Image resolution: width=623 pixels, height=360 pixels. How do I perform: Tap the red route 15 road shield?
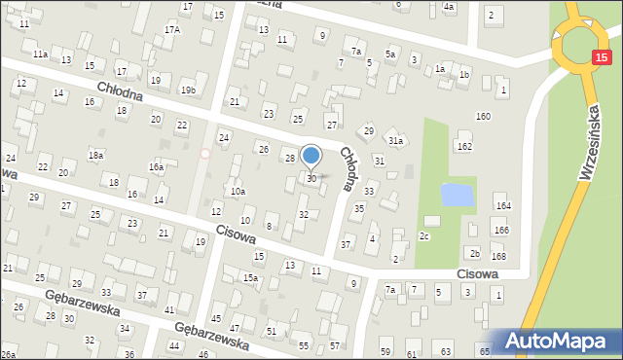click(x=601, y=59)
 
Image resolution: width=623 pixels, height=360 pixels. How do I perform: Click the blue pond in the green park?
click(x=458, y=194)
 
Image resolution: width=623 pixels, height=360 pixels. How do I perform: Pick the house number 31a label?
click(x=395, y=141)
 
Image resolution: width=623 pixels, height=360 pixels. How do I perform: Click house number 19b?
click(x=188, y=90)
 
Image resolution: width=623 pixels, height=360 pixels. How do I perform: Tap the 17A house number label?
click(x=171, y=30)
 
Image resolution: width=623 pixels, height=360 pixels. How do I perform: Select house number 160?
click(x=483, y=117)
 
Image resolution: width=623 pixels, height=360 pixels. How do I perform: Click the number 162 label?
click(x=464, y=146)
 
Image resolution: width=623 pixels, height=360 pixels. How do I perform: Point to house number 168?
click(x=498, y=256)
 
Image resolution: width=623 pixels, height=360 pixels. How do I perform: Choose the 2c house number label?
click(x=424, y=235)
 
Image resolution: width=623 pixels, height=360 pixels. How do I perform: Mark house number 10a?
click(x=238, y=192)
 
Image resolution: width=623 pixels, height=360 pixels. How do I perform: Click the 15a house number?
click(x=250, y=279)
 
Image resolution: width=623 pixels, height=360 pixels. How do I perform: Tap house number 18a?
click(x=95, y=155)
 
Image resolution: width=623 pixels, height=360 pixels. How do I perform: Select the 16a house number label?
click(x=156, y=167)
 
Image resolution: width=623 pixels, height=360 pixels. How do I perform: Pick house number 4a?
click(x=449, y=7)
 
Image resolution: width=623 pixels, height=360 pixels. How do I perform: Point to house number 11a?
click(x=40, y=54)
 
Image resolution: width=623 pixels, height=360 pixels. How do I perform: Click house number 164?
click(x=502, y=206)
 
